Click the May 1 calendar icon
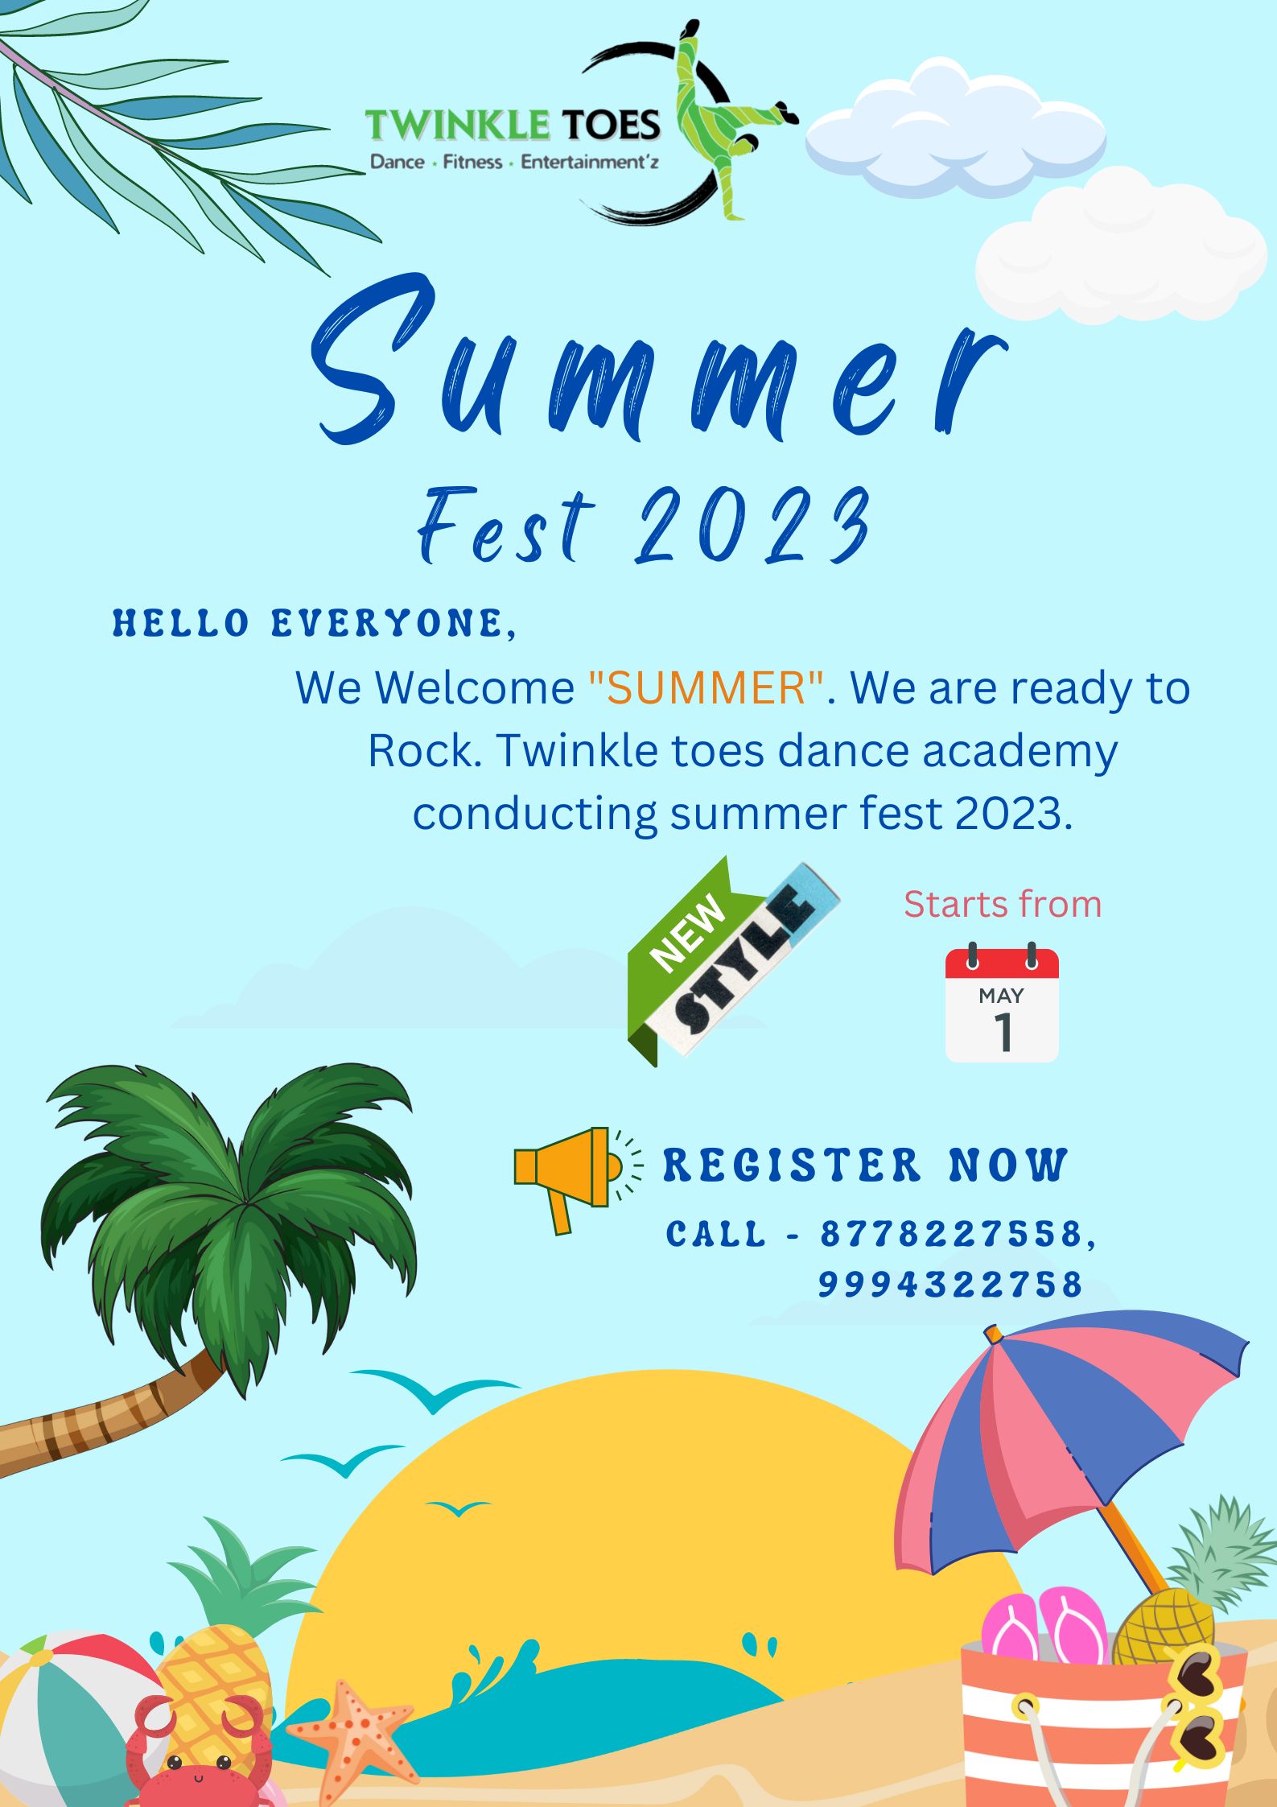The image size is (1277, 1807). [x=1002, y=1003]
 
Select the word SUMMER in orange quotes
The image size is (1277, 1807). [x=706, y=688]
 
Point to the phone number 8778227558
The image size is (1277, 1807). [x=951, y=1234]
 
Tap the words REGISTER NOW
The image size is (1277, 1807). [x=865, y=1165]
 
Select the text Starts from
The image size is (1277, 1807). [x=1003, y=904]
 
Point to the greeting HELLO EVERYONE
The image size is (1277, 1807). [x=314, y=624]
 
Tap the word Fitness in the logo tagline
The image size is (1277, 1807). [x=472, y=163]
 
